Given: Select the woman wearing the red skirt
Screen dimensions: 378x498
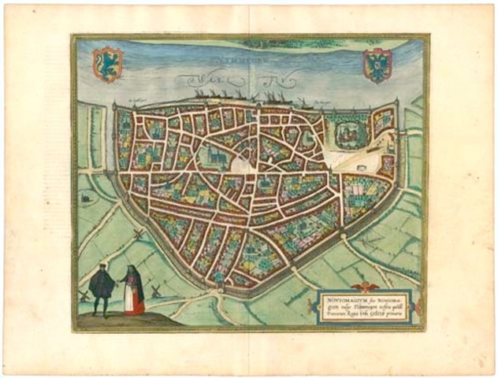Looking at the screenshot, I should point(135,291).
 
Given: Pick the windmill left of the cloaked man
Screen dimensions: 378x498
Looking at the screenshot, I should point(84,295).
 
